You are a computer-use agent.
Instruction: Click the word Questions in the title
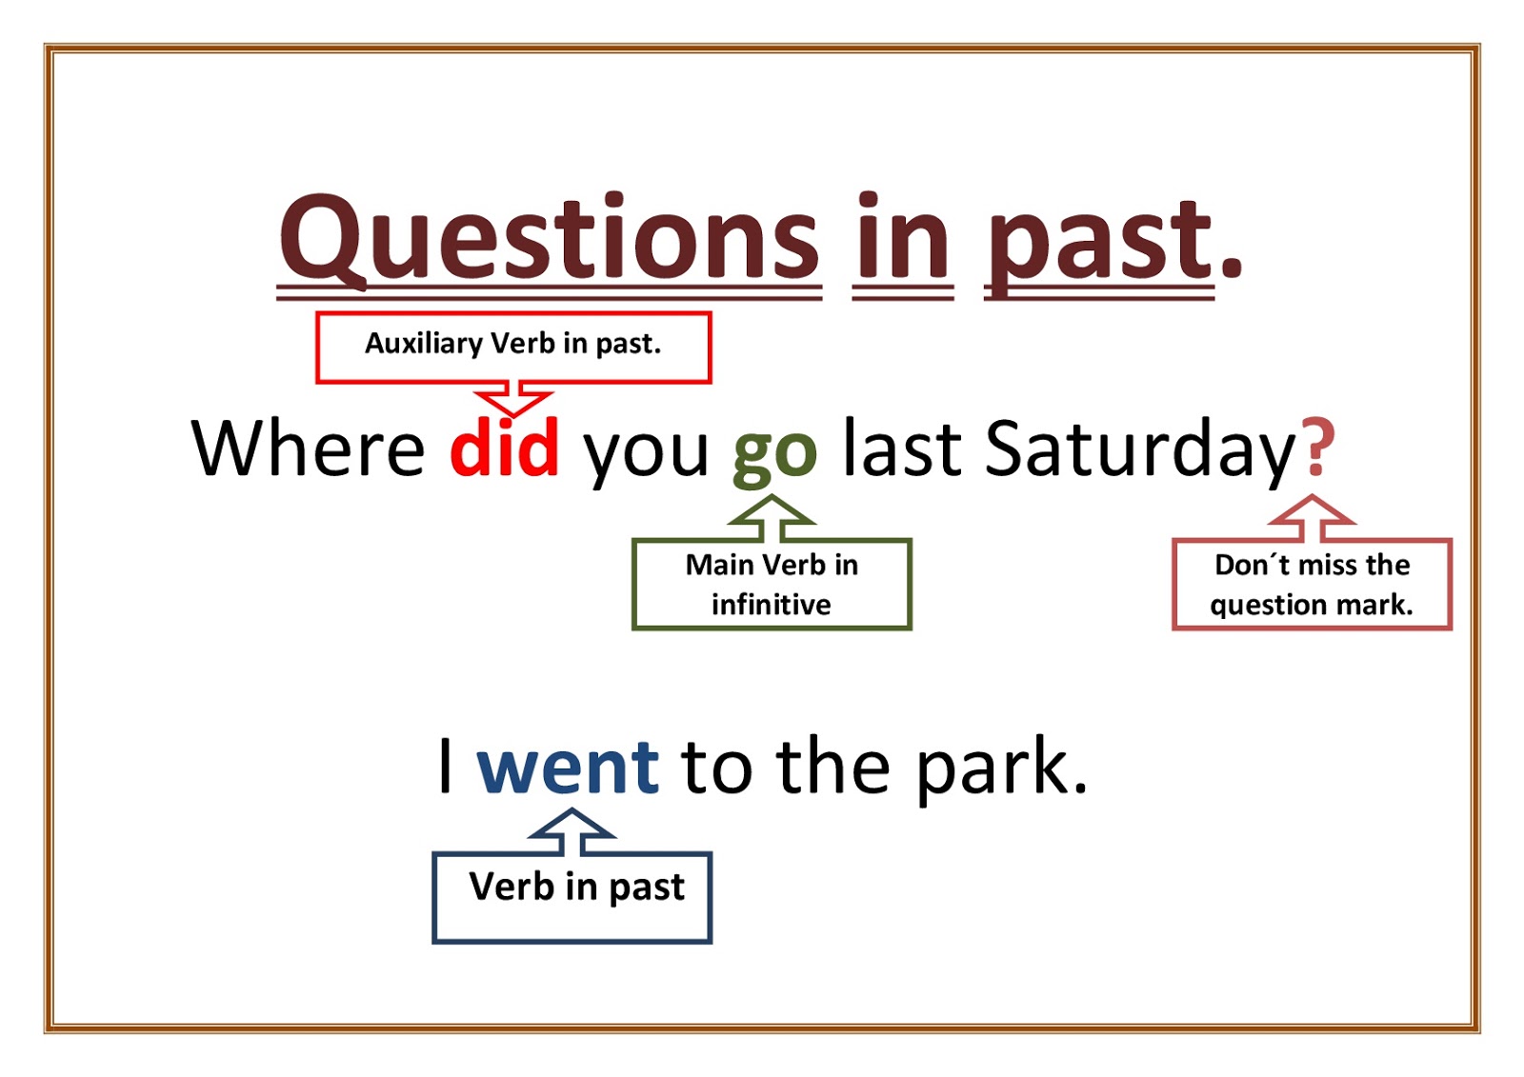tap(549, 240)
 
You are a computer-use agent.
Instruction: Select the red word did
tap(504, 447)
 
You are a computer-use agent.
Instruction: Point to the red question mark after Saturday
tap(1320, 447)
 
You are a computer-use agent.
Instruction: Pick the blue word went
tap(568, 768)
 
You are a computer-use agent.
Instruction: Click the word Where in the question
tap(308, 448)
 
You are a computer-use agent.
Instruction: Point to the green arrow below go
tap(771, 518)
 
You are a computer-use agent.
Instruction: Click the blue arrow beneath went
tap(571, 831)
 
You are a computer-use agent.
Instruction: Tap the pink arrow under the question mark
tap(1312, 518)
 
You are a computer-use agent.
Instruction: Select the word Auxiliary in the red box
tap(424, 344)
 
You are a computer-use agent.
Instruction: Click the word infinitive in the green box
tap(771, 604)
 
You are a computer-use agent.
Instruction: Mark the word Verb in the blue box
tap(511, 886)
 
